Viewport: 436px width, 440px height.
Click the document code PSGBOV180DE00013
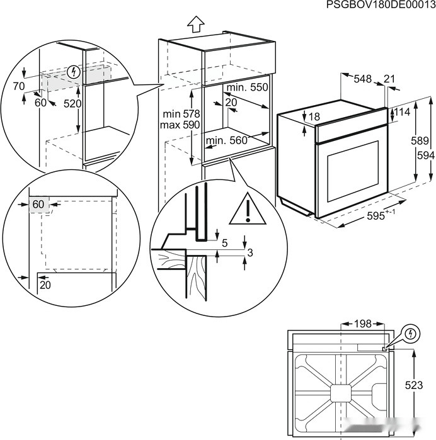coord(381,5)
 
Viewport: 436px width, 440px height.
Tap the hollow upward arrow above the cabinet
coord(195,25)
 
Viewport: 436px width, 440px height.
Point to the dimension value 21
coord(389,79)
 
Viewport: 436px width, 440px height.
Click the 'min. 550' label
coord(246,87)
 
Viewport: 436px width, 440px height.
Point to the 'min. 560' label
coord(226,140)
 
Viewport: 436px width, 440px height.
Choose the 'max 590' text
coord(181,125)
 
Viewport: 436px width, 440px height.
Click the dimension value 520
coord(72,103)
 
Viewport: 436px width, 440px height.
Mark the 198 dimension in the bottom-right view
coord(362,324)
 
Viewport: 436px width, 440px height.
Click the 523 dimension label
coord(413,385)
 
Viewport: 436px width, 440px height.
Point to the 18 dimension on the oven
coord(315,116)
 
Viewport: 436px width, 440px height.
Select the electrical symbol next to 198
coord(410,332)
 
